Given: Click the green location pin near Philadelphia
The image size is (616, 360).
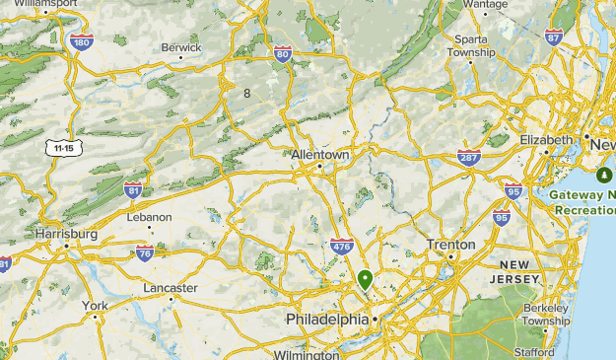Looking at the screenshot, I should (x=365, y=279).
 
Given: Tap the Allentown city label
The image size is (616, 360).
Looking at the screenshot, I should (x=321, y=156).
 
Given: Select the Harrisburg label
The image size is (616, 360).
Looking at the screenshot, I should (x=66, y=234).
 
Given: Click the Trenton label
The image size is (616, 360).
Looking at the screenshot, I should (x=450, y=245).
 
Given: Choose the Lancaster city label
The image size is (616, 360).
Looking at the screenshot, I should (x=171, y=287).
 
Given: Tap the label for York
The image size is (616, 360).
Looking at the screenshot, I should (x=95, y=306).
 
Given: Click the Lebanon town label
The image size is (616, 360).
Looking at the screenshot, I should (x=149, y=217).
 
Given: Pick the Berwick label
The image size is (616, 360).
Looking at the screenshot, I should (x=181, y=46).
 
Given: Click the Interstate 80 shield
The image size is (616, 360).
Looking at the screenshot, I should (x=283, y=54).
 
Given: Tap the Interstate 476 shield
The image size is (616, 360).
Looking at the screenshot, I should (x=342, y=247).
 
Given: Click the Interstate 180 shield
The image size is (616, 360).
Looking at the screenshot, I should (x=82, y=41).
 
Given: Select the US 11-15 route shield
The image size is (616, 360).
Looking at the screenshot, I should (x=64, y=148).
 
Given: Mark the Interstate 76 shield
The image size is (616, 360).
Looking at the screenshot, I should (x=144, y=253).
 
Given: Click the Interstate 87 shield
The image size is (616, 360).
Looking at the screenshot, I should (x=554, y=37).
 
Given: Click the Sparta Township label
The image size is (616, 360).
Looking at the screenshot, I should (x=470, y=45).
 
